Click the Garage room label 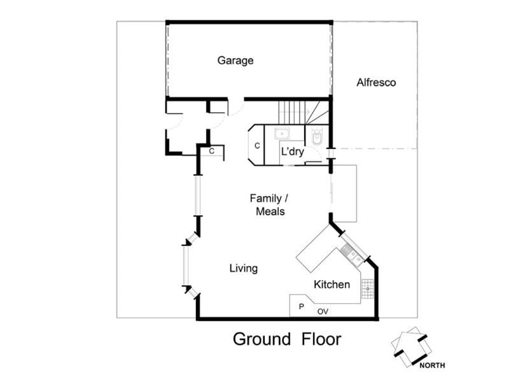click(x=235, y=60)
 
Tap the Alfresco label click(x=376, y=83)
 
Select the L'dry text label click(x=293, y=152)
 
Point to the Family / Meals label click(x=269, y=205)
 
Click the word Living click(x=244, y=269)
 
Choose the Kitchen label click(x=331, y=285)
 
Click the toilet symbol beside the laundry click(x=317, y=138)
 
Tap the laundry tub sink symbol click(x=282, y=134)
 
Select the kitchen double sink click(x=352, y=255)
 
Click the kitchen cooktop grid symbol click(x=368, y=288)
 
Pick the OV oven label click(x=323, y=312)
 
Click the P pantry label click(x=302, y=307)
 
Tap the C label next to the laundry click(x=257, y=146)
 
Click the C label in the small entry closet click(x=212, y=151)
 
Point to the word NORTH click(x=432, y=365)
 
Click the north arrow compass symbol click(x=410, y=346)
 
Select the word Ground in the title click(x=261, y=339)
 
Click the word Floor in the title click(x=321, y=339)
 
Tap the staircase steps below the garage click(x=304, y=113)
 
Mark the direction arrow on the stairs click(x=294, y=112)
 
